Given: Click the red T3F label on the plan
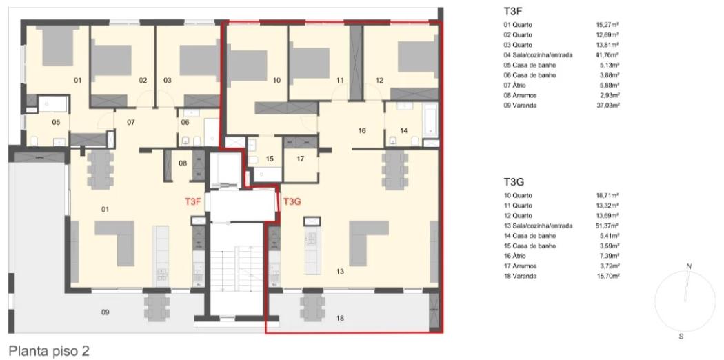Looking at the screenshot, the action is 193,201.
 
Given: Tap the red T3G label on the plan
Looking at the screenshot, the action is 292,201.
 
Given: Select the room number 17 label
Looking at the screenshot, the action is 301,159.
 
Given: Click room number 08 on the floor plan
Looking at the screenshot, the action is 183,163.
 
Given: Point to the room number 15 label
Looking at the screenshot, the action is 270,159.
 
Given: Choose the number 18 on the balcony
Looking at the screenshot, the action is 340,318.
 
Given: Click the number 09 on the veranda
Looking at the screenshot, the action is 105,312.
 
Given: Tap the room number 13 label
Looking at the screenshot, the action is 340,272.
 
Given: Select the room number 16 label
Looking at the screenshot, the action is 361,131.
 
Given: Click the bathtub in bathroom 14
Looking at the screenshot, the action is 430,119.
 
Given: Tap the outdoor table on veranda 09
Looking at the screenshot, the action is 153,308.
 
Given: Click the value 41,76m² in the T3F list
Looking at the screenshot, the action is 607,55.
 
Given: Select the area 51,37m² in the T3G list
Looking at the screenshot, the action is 607,226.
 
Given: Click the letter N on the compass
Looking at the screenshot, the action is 689,266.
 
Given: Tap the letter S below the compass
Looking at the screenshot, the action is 681,337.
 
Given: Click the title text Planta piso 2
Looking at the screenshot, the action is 48,351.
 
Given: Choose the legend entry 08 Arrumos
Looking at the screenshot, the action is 518,96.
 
